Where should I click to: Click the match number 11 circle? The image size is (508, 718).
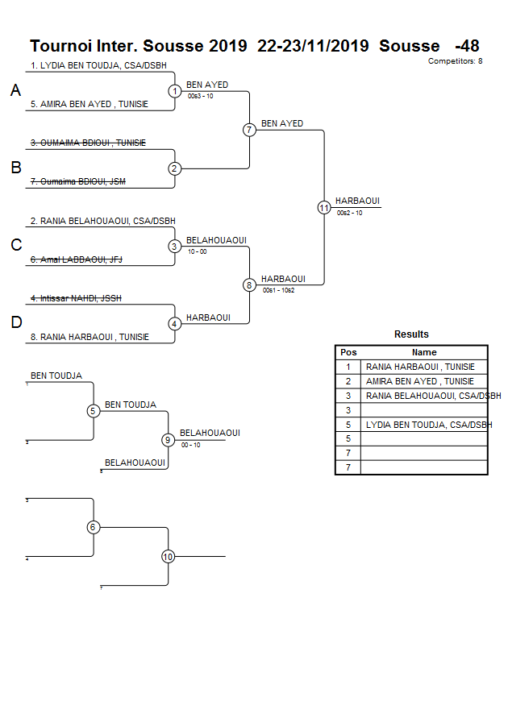coord(324,208)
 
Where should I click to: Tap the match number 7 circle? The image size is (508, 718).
coord(249,130)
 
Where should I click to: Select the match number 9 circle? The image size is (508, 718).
coord(168,440)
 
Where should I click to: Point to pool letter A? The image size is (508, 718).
coord(15,92)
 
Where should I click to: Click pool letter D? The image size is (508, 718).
coord(15,323)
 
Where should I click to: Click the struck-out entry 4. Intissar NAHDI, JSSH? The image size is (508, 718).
coord(76,298)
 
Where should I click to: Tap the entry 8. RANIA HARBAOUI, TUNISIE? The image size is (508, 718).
coord(90,337)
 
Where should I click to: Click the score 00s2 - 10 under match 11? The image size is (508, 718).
coord(349,213)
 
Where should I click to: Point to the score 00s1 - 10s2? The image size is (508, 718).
coord(278,290)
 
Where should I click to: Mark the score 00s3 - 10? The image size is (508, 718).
coord(200,96)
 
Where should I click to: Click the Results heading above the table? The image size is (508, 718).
coord(411,334)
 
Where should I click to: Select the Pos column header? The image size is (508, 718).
coord(348,352)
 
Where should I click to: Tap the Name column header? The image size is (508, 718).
coord(423,352)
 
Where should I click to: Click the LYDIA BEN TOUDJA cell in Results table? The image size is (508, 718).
coord(429,425)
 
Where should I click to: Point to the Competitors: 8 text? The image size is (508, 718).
coord(455,61)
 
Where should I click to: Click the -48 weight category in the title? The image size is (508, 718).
coord(467,46)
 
